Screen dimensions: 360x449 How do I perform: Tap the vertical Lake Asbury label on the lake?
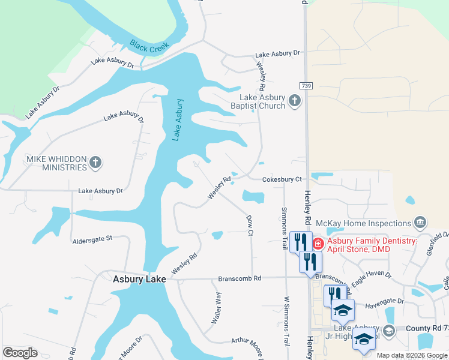coord(177,119)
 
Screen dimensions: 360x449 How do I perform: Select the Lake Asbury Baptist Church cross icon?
coord(294,100)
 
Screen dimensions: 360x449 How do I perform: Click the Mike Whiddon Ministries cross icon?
coord(95,162)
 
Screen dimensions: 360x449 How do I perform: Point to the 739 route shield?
coord(306,86)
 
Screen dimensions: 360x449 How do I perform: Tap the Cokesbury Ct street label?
coord(282,179)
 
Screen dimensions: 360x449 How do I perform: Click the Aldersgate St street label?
coord(92,238)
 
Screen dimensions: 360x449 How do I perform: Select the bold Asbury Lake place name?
coord(139,279)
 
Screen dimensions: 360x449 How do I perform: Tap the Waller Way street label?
coord(216,308)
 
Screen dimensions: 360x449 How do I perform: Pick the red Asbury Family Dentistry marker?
coord(317,244)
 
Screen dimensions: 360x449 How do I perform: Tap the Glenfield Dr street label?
coord(438,244)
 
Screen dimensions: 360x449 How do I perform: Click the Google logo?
coord(20,353)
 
